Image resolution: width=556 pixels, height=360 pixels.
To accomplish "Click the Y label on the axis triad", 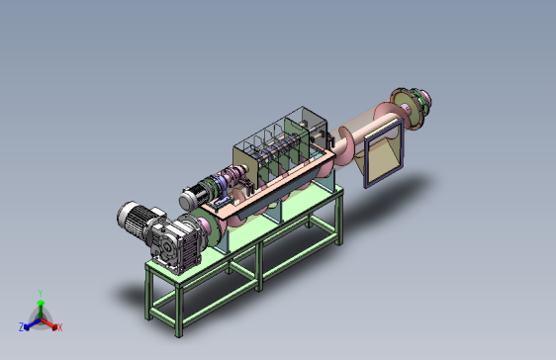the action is pyautogui.click(x=41, y=294).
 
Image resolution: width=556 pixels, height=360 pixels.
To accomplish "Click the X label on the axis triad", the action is pyautogui.click(x=60, y=327).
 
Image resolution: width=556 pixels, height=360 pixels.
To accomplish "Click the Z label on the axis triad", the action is pyautogui.click(x=22, y=326).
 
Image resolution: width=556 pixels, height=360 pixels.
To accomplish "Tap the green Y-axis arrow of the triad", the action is pyautogui.click(x=41, y=309).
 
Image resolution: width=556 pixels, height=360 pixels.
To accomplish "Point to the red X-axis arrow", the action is pyautogui.click(x=48, y=323).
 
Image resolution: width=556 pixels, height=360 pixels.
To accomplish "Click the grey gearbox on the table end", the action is pyautogui.click(x=175, y=244).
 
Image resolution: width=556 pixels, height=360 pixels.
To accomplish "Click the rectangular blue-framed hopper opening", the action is pyautogui.click(x=384, y=153).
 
